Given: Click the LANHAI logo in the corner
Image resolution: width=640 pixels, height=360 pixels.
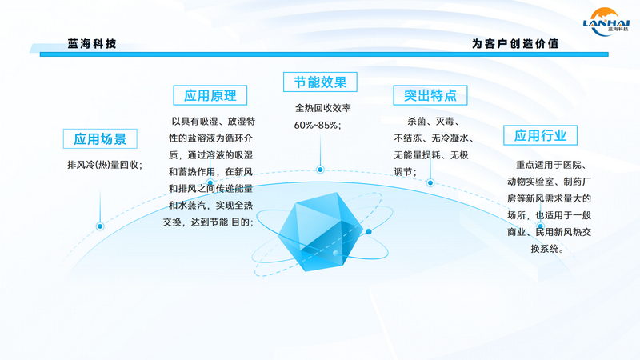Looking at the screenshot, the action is pos(606,21).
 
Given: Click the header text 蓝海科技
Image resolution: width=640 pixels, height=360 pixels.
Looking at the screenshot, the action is pos(92,44).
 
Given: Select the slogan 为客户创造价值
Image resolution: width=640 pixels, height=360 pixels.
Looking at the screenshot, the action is pos(515,44).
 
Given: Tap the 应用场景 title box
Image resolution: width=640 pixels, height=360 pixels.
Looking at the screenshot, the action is pos(100,138).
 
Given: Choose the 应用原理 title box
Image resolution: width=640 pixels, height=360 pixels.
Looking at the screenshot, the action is pos(210,95).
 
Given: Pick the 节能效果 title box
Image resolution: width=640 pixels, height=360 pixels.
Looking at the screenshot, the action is pos(320,82).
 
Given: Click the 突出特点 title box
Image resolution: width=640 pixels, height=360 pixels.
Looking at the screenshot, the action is pos(430,95).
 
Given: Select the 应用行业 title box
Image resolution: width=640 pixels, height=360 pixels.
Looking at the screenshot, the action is pos(541,135).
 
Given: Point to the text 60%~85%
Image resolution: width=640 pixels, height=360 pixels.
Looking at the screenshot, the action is pos(317,126).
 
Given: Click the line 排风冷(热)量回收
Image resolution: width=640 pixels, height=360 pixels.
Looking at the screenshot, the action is pos(104,165).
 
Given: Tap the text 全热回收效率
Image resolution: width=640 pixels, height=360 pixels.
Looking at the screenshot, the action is pos(323,108).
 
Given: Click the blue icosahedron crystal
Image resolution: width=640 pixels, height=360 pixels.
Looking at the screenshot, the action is pos(321,231).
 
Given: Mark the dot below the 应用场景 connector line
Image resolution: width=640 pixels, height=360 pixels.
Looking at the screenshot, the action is pos(100,226).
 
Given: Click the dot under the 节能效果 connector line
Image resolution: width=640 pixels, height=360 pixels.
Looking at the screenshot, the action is pos(320,170).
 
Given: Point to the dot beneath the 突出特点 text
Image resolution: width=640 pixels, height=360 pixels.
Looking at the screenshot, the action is pos(430,183).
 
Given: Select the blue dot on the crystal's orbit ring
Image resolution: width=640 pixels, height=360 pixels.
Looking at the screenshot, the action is pos(369,231).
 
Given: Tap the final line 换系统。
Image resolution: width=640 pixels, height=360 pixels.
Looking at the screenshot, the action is pos(547,249).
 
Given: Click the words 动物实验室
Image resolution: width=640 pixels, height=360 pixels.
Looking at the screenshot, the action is pos(530,182).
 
